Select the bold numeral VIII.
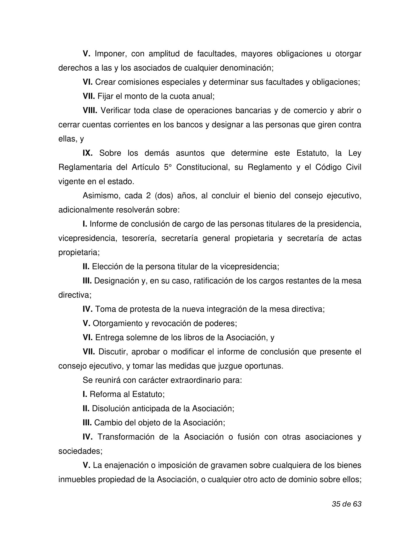click(x=90, y=110)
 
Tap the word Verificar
click(x=115, y=110)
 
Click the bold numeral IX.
click(x=87, y=153)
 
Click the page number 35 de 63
click(x=346, y=504)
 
